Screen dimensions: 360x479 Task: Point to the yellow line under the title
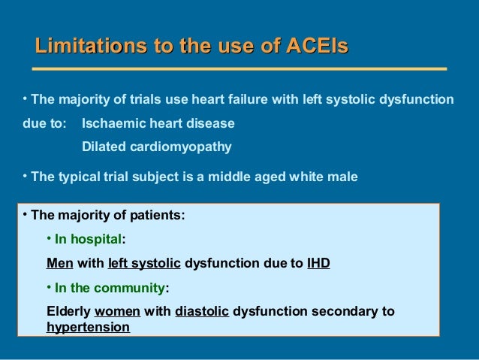(241, 69)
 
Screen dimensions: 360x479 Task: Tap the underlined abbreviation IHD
(318, 264)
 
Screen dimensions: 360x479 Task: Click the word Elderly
(68, 311)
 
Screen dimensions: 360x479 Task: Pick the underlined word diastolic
(201, 311)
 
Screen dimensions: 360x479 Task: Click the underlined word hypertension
(88, 328)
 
